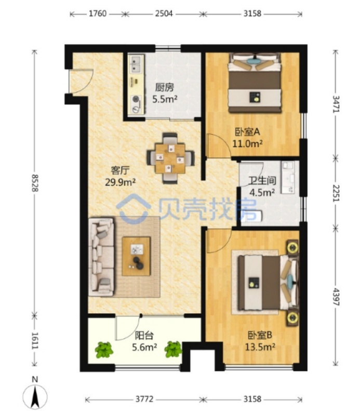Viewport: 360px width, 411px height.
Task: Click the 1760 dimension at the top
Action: [98, 14]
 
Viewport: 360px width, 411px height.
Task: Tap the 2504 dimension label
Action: [164, 14]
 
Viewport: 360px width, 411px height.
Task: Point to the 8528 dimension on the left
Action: [35, 182]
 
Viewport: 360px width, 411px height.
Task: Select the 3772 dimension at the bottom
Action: [144, 399]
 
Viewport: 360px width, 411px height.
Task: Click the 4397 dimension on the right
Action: [336, 297]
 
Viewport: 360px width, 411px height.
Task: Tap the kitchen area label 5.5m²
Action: [165, 99]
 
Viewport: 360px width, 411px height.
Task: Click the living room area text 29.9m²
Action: [121, 182]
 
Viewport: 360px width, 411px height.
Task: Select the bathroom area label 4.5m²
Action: [262, 192]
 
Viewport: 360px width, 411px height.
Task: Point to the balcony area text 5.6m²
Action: [144, 347]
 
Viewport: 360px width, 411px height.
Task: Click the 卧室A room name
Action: [247, 132]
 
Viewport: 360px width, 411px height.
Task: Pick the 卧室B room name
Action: [260, 335]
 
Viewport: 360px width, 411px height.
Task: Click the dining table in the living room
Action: [170, 158]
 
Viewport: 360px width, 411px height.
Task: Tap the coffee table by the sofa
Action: [136, 256]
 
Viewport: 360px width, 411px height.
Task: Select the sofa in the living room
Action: [101, 257]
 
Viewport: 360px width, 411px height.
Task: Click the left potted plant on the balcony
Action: [104, 350]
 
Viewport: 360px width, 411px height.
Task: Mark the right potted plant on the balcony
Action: [173, 349]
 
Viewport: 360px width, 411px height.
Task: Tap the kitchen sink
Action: [136, 65]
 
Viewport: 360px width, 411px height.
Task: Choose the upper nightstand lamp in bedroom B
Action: [292, 247]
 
